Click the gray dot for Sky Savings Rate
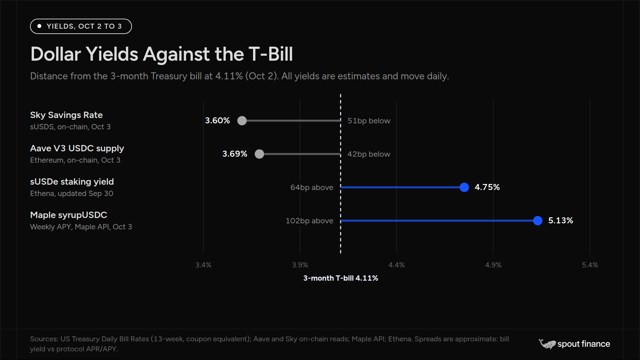point(242,121)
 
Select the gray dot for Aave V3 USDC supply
point(259,154)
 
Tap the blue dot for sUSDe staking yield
point(464,187)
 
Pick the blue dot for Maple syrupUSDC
point(538,221)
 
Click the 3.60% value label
point(217,121)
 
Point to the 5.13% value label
point(561,221)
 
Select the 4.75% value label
point(487,187)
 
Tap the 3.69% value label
point(235,154)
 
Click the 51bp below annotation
point(369,121)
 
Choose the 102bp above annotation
point(309,221)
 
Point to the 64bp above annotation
point(312,187)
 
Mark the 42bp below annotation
point(369,154)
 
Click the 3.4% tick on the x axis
point(203,265)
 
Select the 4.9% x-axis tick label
point(493,265)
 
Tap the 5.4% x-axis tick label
point(590,265)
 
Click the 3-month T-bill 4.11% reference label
point(341,278)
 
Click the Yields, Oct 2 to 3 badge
point(81,26)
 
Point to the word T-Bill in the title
point(271,54)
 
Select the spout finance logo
point(574,344)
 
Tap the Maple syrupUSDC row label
point(69,215)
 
